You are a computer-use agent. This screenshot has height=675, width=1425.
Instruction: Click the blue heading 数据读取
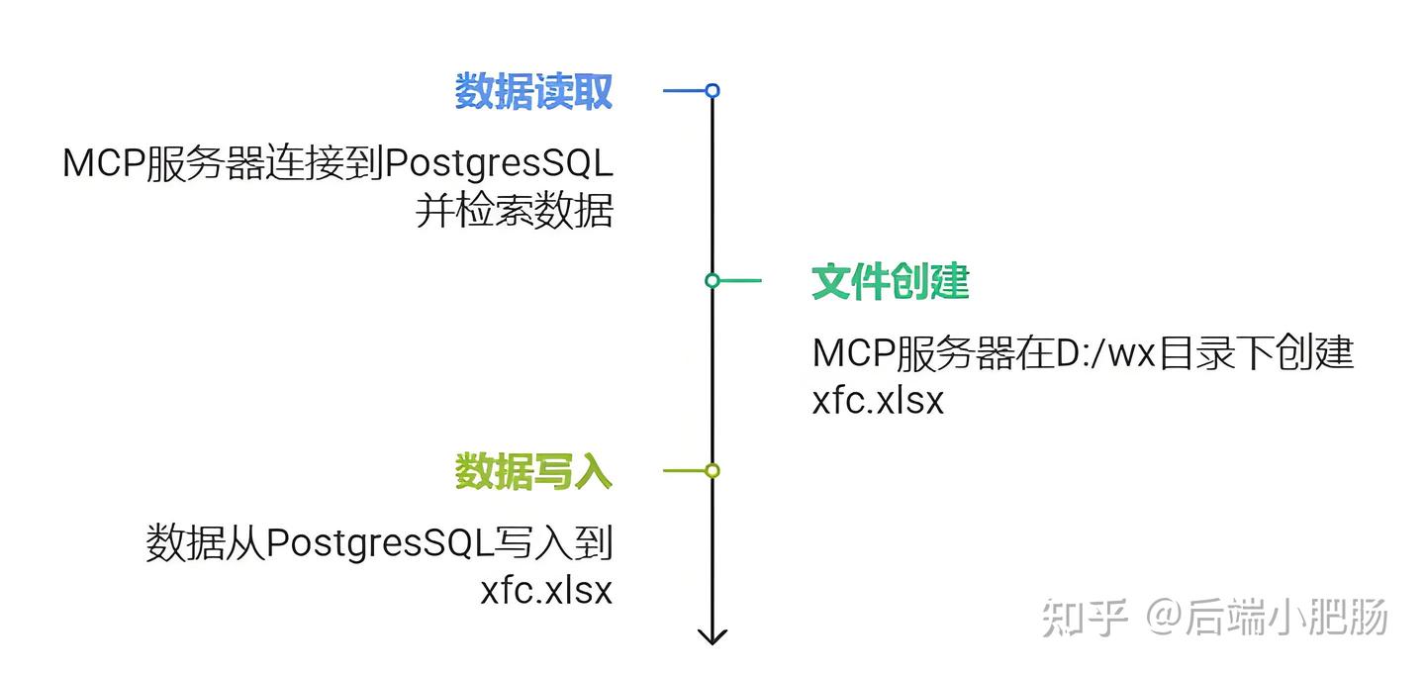533,92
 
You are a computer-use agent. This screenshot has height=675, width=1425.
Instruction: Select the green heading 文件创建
890,282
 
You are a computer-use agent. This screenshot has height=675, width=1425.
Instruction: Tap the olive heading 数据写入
533,471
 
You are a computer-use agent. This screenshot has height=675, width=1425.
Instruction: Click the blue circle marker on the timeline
712,91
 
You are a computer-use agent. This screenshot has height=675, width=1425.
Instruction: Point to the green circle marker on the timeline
712,280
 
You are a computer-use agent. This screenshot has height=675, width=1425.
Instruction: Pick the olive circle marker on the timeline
712,470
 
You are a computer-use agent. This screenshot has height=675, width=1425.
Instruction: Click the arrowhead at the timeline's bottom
712,636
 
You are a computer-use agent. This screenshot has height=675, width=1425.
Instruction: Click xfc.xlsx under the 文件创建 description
878,401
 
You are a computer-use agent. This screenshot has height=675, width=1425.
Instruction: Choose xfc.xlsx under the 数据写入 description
546,591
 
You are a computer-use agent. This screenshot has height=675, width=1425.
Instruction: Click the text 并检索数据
514,211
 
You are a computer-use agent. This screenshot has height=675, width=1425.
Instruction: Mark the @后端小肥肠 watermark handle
1268,618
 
